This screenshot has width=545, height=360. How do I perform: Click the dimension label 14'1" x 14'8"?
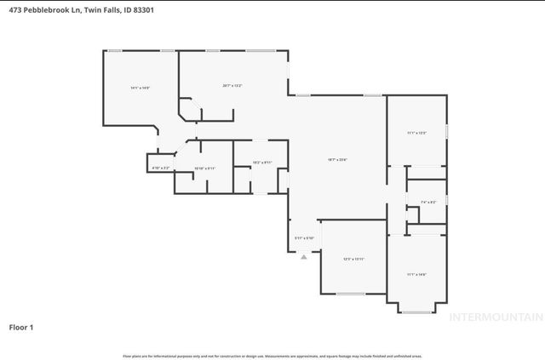[141, 88]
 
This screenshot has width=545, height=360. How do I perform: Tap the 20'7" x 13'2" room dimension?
[232, 85]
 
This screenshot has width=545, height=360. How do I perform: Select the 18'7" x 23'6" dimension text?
[337, 159]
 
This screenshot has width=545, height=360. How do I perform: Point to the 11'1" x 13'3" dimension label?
[416, 133]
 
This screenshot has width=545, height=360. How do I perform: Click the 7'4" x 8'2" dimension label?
[428, 202]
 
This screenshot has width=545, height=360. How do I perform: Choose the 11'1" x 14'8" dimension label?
[416, 274]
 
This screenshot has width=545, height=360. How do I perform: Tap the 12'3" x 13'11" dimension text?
[353, 259]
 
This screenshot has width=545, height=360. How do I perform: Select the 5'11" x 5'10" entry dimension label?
[304, 237]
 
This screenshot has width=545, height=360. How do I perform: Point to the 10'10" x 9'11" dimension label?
[205, 169]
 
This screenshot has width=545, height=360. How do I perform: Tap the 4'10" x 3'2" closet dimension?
[161, 169]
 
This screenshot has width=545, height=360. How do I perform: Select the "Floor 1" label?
[21, 326]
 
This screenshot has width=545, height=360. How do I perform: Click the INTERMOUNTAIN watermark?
[496, 317]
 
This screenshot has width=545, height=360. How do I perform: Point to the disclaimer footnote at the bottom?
[272, 356]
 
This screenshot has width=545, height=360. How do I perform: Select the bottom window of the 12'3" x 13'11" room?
[349, 294]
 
